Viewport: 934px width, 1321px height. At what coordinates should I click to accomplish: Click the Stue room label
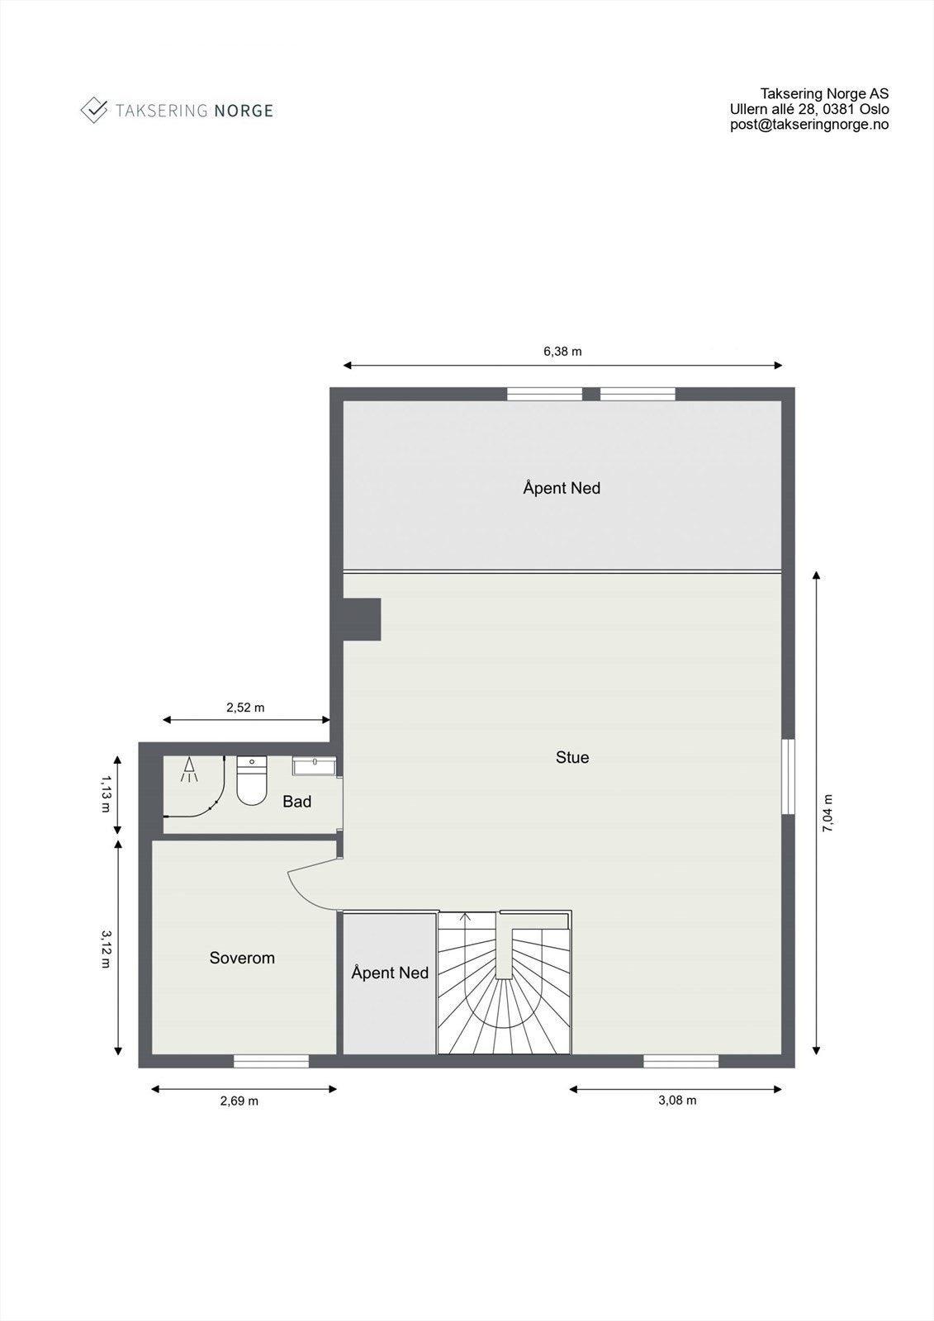coord(571,757)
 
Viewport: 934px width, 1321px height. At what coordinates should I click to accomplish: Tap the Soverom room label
coord(241,958)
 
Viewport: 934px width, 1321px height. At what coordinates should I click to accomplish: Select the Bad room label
coord(296,801)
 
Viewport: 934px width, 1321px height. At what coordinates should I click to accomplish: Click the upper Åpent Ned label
coord(561,488)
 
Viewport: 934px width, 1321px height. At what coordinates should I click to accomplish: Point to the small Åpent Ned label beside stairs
coord(389,973)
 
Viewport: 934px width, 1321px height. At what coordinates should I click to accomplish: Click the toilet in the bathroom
coord(252,781)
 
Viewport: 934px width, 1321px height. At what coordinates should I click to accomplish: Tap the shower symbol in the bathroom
coord(190,769)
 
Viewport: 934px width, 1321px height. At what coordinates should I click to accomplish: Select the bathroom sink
coord(314,767)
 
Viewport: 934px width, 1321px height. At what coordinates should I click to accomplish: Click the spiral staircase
coord(503,987)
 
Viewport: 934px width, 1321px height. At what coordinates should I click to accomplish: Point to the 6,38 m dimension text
coord(562,351)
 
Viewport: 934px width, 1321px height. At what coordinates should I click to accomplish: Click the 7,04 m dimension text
coord(828,812)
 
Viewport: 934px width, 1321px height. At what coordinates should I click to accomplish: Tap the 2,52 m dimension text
coord(245,707)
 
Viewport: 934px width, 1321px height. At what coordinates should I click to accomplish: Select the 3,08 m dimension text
coord(676,1101)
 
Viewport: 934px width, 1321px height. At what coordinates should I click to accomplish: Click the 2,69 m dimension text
coord(239,1101)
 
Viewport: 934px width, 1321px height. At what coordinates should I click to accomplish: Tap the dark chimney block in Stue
coord(362,619)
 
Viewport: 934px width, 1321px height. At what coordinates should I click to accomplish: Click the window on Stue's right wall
coord(788,776)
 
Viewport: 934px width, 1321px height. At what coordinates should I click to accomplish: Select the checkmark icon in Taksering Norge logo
coord(94,109)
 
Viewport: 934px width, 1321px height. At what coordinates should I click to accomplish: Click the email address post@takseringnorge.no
coord(808,125)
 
